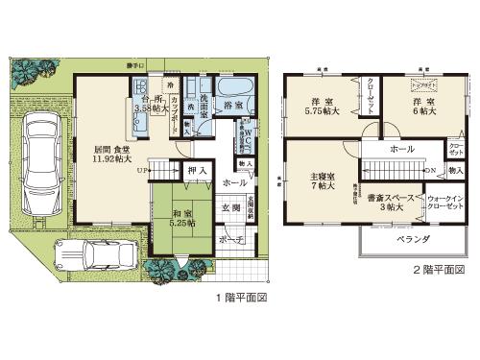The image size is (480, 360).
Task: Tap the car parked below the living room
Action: point(112,254)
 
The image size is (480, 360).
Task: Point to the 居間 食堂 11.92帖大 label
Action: point(112,156)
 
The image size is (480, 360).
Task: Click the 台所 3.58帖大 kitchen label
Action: point(152,104)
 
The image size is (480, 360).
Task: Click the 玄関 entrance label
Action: point(232,207)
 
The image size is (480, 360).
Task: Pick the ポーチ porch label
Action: point(230,240)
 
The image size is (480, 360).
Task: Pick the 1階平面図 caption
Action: point(240,299)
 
